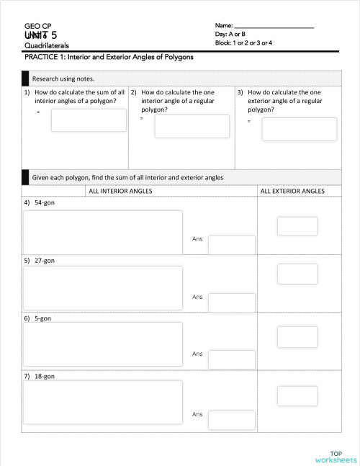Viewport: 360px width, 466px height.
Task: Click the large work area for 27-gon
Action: pos(103,288)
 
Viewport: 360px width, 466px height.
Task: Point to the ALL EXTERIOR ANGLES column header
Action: pos(292,191)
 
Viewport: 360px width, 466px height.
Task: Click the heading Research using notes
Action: pos(63,79)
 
